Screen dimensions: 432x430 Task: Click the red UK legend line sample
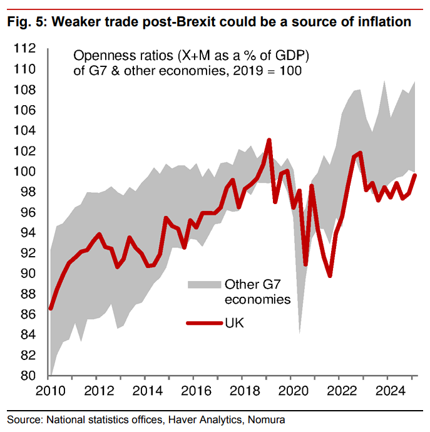click(x=205, y=323)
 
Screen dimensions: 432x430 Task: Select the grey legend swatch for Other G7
click(x=205, y=284)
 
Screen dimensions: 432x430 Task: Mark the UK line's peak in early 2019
click(x=269, y=140)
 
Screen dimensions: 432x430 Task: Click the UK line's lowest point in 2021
click(x=330, y=275)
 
